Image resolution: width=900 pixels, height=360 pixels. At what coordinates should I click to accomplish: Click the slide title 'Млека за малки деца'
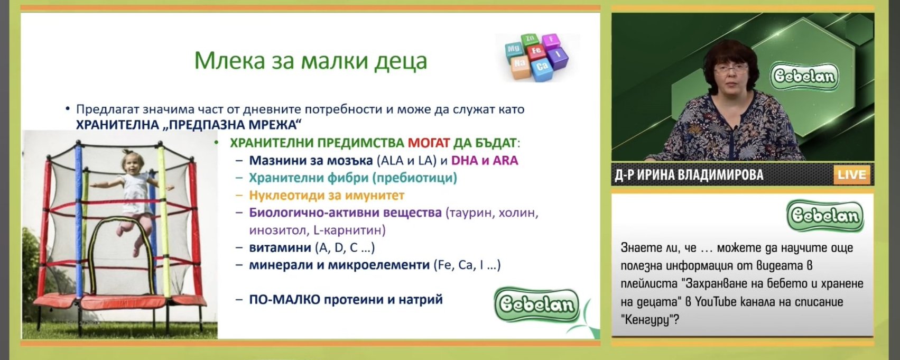311,61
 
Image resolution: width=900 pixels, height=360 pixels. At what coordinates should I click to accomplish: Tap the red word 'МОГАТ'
429,143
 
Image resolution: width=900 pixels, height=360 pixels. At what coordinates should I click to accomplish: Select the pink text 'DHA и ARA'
485,161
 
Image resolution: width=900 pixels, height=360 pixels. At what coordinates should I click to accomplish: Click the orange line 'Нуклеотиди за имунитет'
327,195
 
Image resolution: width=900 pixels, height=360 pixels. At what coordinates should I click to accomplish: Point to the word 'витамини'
280,247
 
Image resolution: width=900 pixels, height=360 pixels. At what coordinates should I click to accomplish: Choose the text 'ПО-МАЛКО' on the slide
284,300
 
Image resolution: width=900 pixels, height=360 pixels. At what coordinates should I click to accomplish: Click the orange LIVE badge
852,175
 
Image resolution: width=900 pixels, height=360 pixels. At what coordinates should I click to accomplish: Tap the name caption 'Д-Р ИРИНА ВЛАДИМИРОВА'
689,175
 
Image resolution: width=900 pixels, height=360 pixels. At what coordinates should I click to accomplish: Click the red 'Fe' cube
536,51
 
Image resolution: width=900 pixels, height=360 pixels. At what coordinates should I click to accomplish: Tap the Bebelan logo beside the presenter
804,76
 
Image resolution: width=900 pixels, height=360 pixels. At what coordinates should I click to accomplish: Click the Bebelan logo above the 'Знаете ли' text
825,216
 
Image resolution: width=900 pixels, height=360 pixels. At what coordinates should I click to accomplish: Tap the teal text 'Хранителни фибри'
309,178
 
